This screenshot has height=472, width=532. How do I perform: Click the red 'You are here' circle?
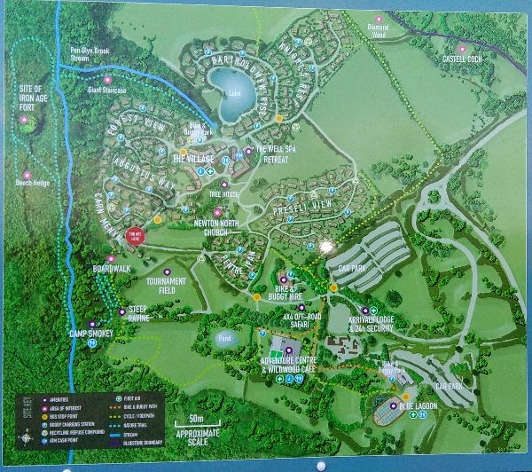click(x=136, y=236)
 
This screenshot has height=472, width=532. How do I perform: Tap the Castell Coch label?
click(x=468, y=59)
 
